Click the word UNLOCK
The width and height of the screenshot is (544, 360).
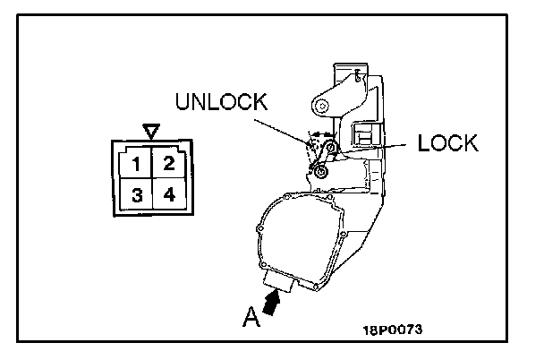[x=222, y=101]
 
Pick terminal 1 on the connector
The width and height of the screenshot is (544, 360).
[x=136, y=164]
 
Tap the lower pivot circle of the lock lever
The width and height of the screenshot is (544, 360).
[x=317, y=167]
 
